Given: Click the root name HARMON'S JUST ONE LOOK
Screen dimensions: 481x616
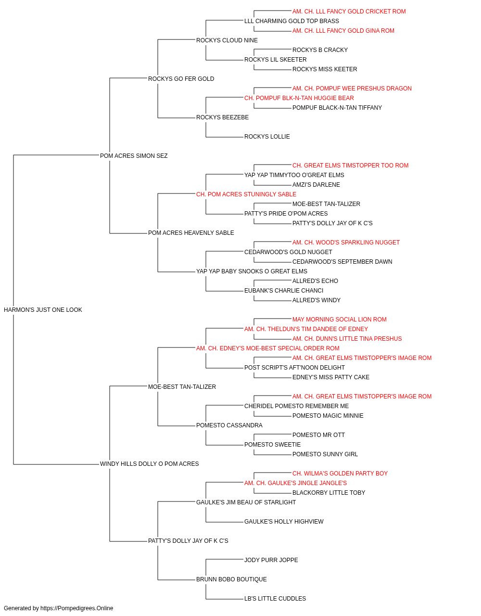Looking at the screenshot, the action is pyautogui.click(x=43, y=309).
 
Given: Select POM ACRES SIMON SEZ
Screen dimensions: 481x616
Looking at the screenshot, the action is pyautogui.click(x=134, y=155).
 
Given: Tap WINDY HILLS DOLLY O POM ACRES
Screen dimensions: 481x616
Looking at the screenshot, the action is pyautogui.click(x=149, y=464).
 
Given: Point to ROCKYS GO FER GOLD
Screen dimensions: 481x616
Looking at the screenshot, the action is pyautogui.click(x=181, y=79).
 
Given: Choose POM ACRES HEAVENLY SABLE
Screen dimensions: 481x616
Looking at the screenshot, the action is pyautogui.click(x=191, y=233).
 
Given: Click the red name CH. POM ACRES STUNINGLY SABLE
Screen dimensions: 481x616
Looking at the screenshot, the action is pyautogui.click(x=246, y=194).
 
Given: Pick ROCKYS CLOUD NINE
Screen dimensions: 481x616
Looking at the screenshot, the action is pyautogui.click(x=227, y=40).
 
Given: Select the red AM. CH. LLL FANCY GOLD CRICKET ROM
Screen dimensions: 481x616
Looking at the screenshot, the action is pyautogui.click(x=349, y=12).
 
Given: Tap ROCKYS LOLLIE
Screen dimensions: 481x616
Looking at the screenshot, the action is pyautogui.click(x=267, y=136).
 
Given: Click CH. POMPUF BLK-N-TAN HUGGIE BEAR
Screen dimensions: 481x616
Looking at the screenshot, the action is pyautogui.click(x=299, y=98).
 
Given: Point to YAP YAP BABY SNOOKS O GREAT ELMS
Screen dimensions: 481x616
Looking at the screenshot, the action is pyautogui.click(x=252, y=271).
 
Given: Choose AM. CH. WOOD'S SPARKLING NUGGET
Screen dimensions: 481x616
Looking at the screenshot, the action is pyautogui.click(x=346, y=243).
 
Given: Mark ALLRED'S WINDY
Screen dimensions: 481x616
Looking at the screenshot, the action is pyautogui.click(x=316, y=300).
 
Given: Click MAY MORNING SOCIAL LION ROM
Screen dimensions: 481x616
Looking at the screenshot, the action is pyautogui.click(x=340, y=320).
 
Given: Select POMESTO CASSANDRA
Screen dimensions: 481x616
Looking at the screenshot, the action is pyautogui.click(x=229, y=425).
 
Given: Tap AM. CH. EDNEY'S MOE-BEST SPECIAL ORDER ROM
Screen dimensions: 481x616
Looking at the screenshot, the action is pyautogui.click(x=268, y=348).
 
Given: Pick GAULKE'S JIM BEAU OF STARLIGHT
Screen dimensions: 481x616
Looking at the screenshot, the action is pyautogui.click(x=246, y=502).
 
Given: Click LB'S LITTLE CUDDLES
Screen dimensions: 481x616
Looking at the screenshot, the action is pyautogui.click(x=275, y=598).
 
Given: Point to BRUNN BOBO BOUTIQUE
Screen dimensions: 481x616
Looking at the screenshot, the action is pyautogui.click(x=231, y=579).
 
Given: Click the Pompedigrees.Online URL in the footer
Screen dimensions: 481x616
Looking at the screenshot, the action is pyautogui.click(x=77, y=608).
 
